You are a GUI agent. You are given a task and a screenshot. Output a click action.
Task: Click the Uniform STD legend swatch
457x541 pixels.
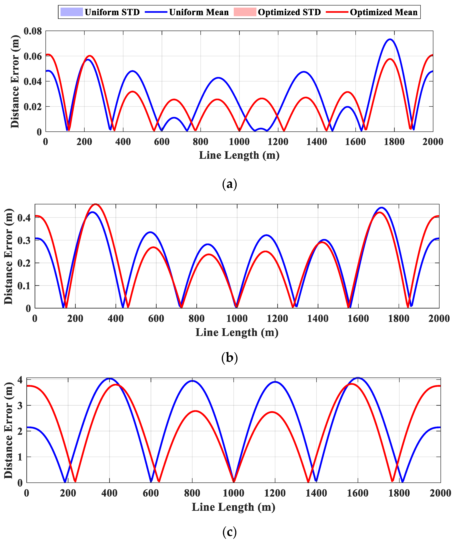pos(72,12)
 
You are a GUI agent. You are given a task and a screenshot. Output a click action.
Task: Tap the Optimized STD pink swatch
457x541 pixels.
pos(245,12)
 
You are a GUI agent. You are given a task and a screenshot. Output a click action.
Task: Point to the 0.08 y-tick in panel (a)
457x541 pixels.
pos(33,31)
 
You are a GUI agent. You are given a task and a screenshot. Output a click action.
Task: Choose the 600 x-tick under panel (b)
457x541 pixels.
pos(156,319)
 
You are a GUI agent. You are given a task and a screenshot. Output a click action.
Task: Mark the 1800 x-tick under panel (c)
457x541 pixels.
pos(399,493)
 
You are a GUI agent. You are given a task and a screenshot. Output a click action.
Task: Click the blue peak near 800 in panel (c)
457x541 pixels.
pos(192,381)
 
